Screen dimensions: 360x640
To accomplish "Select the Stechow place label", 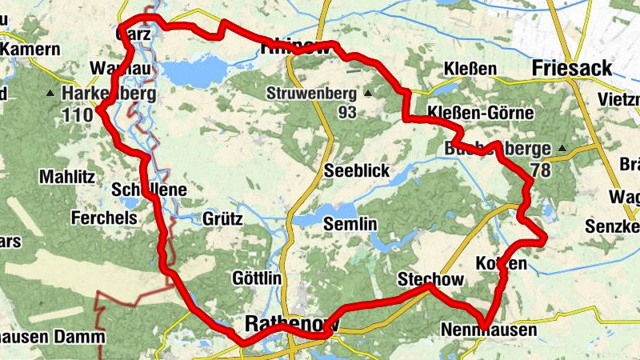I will pyautogui.click(x=430, y=279).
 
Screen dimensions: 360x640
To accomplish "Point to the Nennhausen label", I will pyautogui.click(x=488, y=330).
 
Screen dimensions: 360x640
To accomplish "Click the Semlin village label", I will pyautogui.click(x=350, y=226).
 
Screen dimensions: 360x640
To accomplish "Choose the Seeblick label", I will pyautogui.click(x=357, y=172).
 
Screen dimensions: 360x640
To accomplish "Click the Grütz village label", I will pyautogui.click(x=222, y=218).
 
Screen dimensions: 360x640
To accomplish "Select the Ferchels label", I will pyautogui.click(x=100, y=217).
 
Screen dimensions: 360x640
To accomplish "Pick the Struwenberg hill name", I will pyautogui.click(x=312, y=94).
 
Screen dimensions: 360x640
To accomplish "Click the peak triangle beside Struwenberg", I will pyautogui.click(x=368, y=94).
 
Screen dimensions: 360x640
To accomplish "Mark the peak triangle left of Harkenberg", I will pyautogui.click(x=51, y=94).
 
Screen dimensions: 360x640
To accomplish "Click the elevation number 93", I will pyautogui.click(x=347, y=112).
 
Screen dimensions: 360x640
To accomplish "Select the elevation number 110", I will pyautogui.click(x=77, y=114).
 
